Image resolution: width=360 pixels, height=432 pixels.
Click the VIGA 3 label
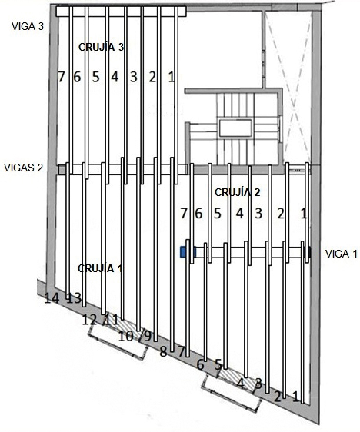[x=28, y=26]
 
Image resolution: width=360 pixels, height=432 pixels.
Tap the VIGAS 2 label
[x=23, y=168]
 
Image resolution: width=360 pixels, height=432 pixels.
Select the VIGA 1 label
[x=342, y=254]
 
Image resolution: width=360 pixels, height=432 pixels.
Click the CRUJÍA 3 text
[x=102, y=47]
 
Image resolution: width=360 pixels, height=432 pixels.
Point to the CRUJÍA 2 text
[x=238, y=192]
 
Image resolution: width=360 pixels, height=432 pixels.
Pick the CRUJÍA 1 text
[x=100, y=268]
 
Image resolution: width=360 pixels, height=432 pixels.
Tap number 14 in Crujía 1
[x=52, y=298]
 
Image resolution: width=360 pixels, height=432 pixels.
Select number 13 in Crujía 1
[x=75, y=298]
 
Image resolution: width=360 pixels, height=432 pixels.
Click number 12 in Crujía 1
[x=90, y=320]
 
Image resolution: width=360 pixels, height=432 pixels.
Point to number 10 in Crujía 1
[x=126, y=336]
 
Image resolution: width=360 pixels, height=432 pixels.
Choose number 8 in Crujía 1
[x=163, y=352]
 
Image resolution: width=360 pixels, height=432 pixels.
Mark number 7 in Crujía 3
[x=62, y=77]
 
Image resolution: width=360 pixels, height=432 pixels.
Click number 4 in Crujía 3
[x=115, y=77]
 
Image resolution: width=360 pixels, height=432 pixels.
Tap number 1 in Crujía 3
[x=172, y=77]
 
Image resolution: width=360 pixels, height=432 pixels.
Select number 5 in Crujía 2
[x=218, y=213]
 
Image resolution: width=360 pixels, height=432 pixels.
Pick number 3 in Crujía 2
[x=258, y=213]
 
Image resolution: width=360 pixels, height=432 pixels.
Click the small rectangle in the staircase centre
[x=235, y=128]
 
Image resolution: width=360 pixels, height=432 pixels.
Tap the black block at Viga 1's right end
[x=308, y=252]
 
